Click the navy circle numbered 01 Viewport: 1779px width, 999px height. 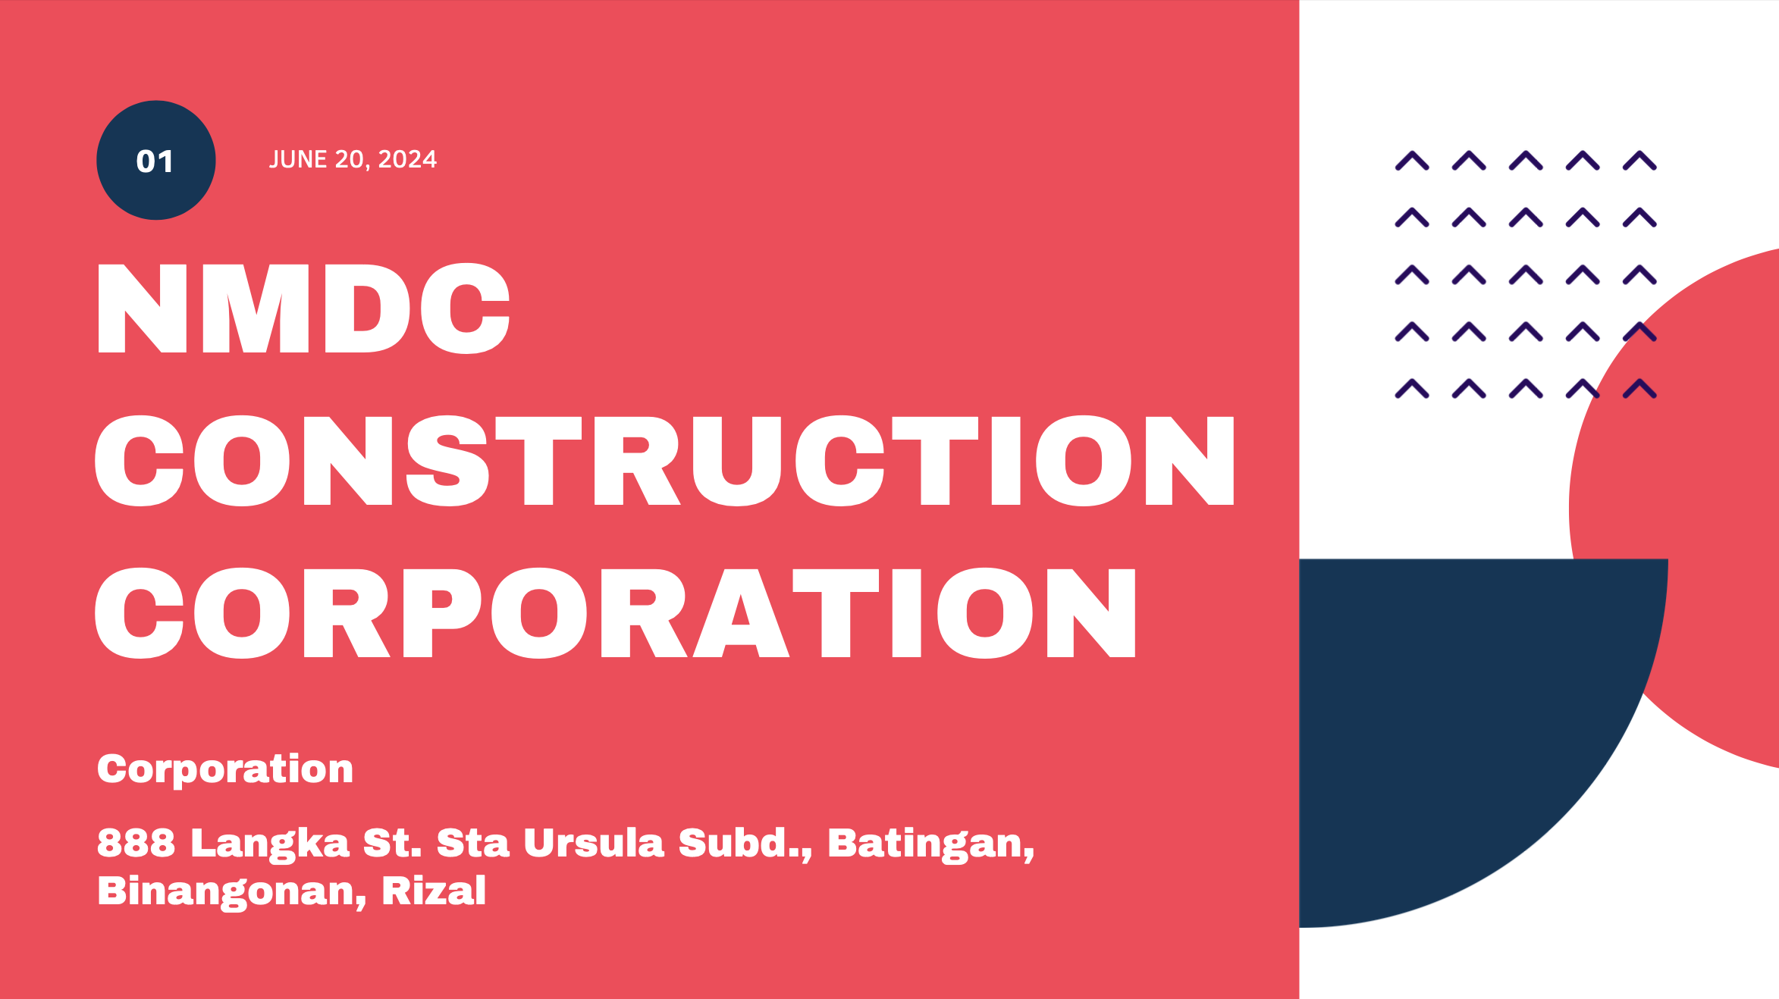(x=156, y=160)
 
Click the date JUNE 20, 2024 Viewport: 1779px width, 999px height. (x=353, y=159)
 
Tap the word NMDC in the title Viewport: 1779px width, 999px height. (x=303, y=308)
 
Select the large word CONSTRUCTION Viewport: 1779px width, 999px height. (x=664, y=460)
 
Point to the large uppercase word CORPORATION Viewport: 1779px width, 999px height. (x=615, y=612)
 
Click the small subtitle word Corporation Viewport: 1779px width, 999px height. (x=225, y=769)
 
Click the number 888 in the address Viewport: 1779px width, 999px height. (x=136, y=843)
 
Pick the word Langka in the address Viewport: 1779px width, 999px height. (x=270, y=844)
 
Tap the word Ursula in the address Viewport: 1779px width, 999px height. (x=594, y=843)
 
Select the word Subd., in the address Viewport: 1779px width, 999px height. (x=745, y=844)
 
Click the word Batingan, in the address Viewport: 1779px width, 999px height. (x=931, y=844)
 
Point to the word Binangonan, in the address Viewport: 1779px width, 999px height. (x=232, y=892)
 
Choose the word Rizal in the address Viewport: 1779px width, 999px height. (x=434, y=891)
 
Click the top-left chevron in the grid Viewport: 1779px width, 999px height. (x=1412, y=161)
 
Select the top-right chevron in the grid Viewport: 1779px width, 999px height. (x=1639, y=161)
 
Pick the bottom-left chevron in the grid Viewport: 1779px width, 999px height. (x=1412, y=389)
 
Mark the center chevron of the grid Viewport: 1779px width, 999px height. (x=1526, y=274)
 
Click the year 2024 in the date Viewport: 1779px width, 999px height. (x=407, y=159)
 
